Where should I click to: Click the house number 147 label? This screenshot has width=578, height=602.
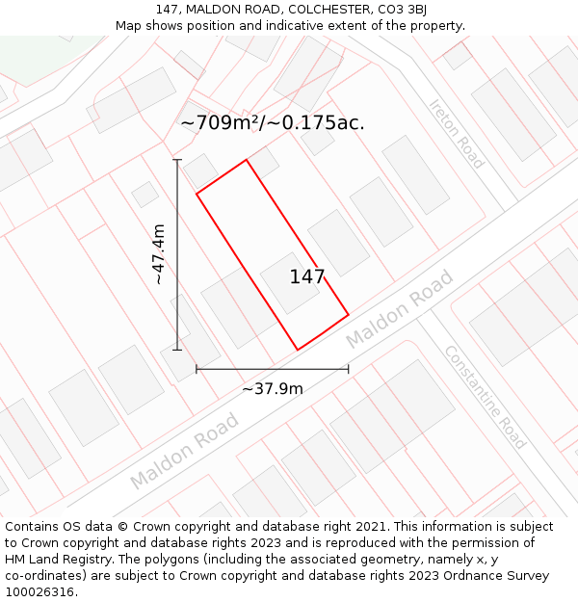tap(307, 277)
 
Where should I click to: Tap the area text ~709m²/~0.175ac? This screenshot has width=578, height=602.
tap(273, 123)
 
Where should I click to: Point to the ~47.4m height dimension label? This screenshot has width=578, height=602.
tap(159, 254)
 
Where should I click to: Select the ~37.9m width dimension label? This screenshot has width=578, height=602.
tap(273, 389)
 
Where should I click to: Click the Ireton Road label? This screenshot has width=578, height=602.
tap(457, 134)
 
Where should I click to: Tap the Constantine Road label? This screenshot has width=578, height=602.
tap(485, 397)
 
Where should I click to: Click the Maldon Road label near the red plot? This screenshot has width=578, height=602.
tap(399, 311)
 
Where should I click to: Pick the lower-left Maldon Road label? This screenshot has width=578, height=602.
tap(184, 450)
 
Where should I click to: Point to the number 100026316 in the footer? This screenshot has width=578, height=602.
tap(41, 592)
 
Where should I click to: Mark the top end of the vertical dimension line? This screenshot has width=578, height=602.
tap(177, 160)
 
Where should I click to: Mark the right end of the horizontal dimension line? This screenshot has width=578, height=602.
tap(348, 369)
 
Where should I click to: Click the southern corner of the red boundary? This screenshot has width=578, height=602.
tap(297, 350)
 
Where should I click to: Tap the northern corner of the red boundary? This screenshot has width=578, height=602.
tap(247, 160)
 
